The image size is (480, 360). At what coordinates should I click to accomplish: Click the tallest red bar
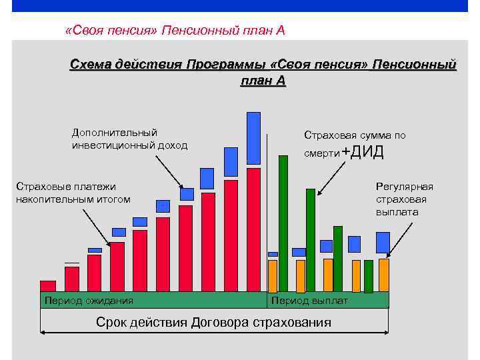[x=253, y=229]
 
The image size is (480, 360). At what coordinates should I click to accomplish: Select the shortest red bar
[x=48, y=286]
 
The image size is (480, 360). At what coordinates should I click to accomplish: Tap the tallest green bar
[x=283, y=223]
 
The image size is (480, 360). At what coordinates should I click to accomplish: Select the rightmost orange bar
[x=383, y=275]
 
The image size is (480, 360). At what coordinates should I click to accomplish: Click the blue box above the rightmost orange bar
[x=383, y=243]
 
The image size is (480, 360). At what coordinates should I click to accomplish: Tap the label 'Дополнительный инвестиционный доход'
[x=129, y=139]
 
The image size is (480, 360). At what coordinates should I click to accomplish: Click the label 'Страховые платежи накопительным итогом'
[x=73, y=193]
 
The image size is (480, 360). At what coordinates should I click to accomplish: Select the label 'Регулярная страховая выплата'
[x=404, y=199]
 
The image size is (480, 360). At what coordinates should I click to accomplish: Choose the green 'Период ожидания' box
[x=153, y=300]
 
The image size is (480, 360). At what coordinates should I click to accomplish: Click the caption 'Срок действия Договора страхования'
[x=213, y=323]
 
